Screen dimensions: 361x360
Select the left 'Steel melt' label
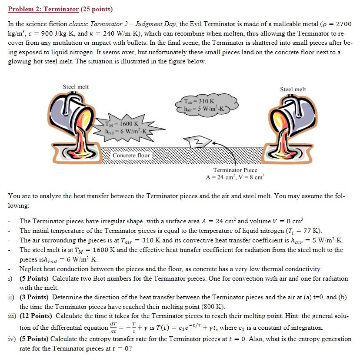[x=76, y=87]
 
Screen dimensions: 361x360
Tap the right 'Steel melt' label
[x=293, y=89]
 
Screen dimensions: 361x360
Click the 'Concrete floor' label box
[x=131, y=156]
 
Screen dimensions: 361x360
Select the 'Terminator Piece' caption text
[x=235, y=170]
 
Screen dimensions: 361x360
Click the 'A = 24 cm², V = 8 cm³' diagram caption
[x=235, y=177]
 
